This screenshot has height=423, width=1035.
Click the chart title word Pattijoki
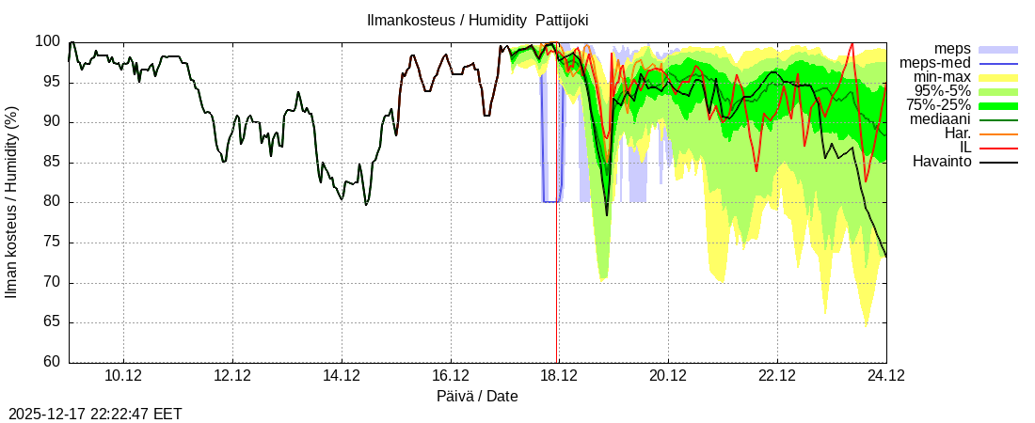562,20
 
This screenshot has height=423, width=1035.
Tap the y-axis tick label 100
47,41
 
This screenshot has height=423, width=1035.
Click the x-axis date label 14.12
341,377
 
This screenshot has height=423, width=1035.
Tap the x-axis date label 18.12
558,377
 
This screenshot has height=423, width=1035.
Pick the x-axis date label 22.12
776,377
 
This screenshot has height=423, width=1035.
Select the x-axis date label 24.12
885,377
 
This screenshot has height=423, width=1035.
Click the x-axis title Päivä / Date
477,396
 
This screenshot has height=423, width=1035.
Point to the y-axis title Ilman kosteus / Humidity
12,202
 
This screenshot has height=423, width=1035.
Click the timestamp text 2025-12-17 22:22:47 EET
95,414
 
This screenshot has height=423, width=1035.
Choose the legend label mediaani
940,119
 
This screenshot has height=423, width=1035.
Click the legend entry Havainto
942,162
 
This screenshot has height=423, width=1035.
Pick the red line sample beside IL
998,149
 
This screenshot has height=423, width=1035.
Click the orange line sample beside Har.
998,134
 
